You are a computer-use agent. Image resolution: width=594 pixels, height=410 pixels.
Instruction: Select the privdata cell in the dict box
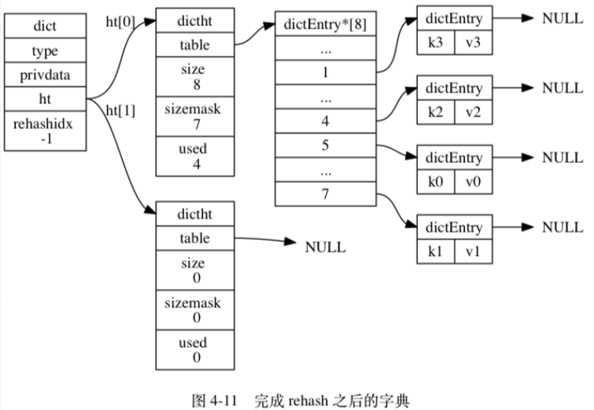[x=45, y=76]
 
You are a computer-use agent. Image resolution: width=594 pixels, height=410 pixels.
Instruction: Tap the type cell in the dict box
[x=45, y=50]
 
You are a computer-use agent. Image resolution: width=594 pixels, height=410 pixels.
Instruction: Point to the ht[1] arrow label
[x=120, y=111]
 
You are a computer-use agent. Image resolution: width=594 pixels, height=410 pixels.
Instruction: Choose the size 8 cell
[x=193, y=76]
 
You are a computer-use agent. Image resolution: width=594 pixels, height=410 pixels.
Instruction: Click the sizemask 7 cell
[x=193, y=116]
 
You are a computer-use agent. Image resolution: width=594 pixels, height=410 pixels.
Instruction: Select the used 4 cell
[x=193, y=156]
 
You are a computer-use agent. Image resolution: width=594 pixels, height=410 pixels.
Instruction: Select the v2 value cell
[x=473, y=112]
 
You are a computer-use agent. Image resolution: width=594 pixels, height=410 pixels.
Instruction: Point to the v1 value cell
[x=473, y=251]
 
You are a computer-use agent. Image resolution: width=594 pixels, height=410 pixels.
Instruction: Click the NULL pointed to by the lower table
[x=325, y=247]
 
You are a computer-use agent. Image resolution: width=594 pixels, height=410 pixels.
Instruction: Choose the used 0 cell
[x=193, y=349]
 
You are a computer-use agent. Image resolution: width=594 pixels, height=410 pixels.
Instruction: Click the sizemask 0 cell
[x=193, y=309]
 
